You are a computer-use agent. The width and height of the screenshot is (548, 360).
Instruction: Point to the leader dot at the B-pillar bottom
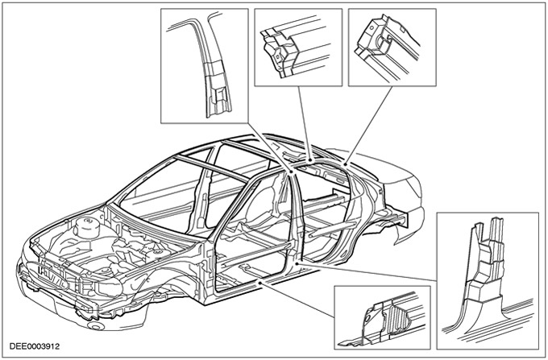click(x=297, y=263)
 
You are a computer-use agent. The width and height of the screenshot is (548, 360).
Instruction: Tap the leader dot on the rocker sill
click(x=260, y=283)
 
